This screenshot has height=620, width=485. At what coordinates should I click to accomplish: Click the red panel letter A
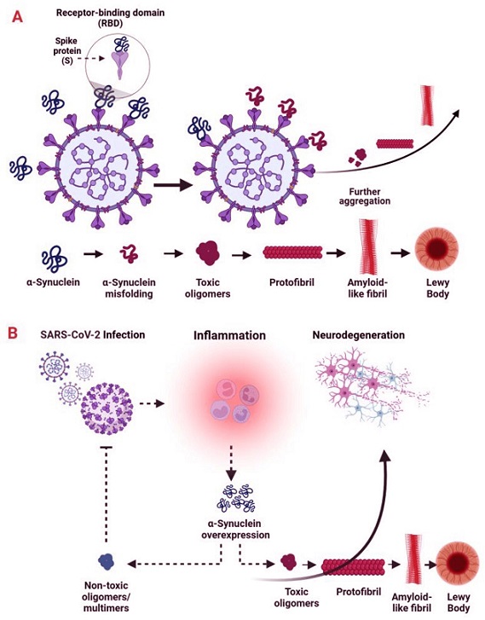(x=17, y=16)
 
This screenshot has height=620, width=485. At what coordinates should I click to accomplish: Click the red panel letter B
(x=13, y=333)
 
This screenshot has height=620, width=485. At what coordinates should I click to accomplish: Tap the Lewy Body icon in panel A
(x=436, y=249)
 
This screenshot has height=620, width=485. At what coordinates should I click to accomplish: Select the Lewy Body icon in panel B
(x=457, y=565)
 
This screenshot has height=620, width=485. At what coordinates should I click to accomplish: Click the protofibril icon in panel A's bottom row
(x=293, y=252)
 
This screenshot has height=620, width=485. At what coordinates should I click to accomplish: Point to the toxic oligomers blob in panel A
(x=207, y=252)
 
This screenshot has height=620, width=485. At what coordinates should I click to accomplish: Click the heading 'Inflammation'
(x=229, y=336)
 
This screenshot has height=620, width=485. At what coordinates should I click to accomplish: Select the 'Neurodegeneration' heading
(x=359, y=335)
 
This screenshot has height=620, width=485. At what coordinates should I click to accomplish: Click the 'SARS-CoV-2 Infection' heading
(x=93, y=334)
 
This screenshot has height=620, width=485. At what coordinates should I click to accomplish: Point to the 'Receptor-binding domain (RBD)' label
(x=110, y=18)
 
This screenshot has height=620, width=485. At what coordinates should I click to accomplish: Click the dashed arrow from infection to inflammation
(x=152, y=403)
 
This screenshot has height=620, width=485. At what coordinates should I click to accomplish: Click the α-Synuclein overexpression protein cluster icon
(x=236, y=498)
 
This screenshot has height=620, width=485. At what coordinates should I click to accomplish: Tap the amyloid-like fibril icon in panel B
(x=414, y=559)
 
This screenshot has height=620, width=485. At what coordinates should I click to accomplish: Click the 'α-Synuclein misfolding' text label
(x=129, y=288)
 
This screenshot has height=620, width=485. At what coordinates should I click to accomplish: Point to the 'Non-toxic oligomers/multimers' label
(x=107, y=597)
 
